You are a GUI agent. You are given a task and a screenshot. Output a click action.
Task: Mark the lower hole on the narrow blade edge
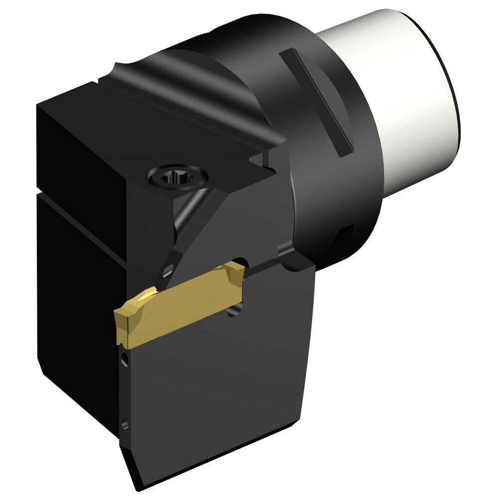[x=124, y=425]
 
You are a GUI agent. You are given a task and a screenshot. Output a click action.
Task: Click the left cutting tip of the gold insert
[x=120, y=319]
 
